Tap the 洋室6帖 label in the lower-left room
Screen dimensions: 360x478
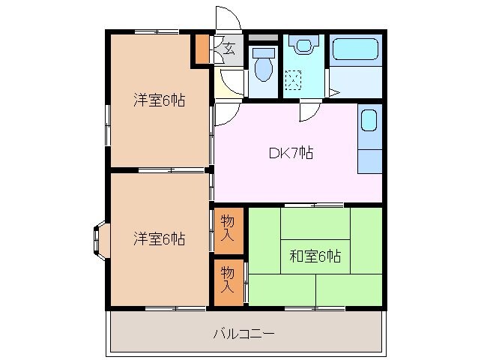[160, 239]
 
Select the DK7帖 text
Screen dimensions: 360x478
[291, 153]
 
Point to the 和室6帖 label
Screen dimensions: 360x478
[315, 256]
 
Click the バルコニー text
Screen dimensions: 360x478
[244, 332]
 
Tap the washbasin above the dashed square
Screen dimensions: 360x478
[303, 45]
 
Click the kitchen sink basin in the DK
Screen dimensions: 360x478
[369, 121]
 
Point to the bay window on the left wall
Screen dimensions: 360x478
[100, 239]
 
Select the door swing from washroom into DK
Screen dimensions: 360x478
[308, 111]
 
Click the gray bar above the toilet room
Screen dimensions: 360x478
[262, 37]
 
